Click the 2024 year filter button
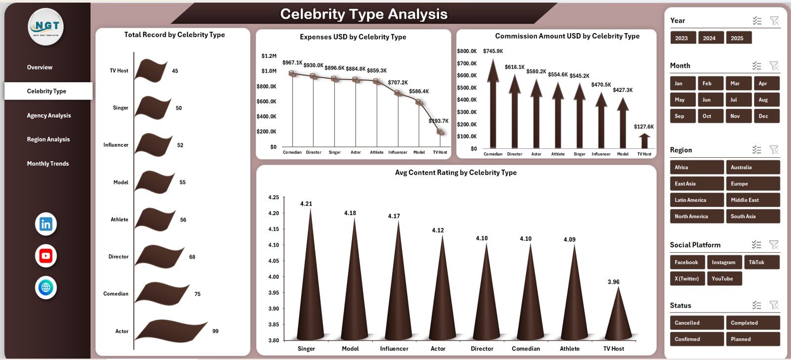click(709, 38)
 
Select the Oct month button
click(707, 116)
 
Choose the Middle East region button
click(752, 200)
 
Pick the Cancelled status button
click(696, 323)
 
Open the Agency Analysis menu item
click(48, 116)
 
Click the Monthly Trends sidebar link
click(47, 164)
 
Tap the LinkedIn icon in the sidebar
click(46, 224)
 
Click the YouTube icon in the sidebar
click(46, 256)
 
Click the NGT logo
click(46, 27)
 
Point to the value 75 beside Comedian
click(197, 294)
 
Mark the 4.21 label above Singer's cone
click(306, 204)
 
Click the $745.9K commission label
click(493, 51)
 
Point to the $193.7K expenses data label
click(438, 121)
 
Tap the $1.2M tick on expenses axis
click(269, 56)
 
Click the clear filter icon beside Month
click(774, 66)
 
